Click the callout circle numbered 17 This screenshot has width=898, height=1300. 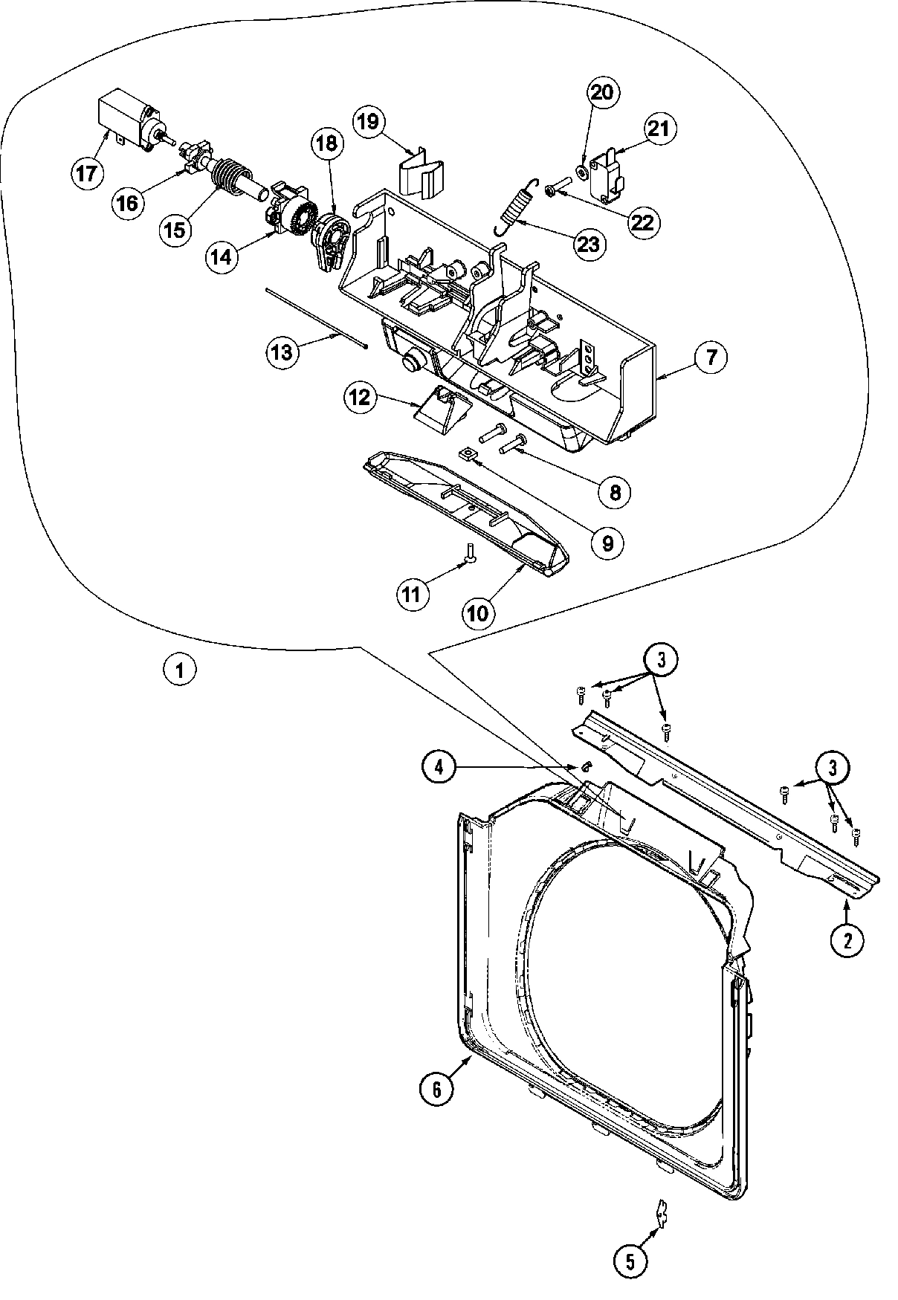coord(88,174)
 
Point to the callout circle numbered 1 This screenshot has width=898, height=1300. coord(179,669)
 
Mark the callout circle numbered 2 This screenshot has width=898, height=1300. coord(847,941)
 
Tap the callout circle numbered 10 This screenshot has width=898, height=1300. coord(478,612)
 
